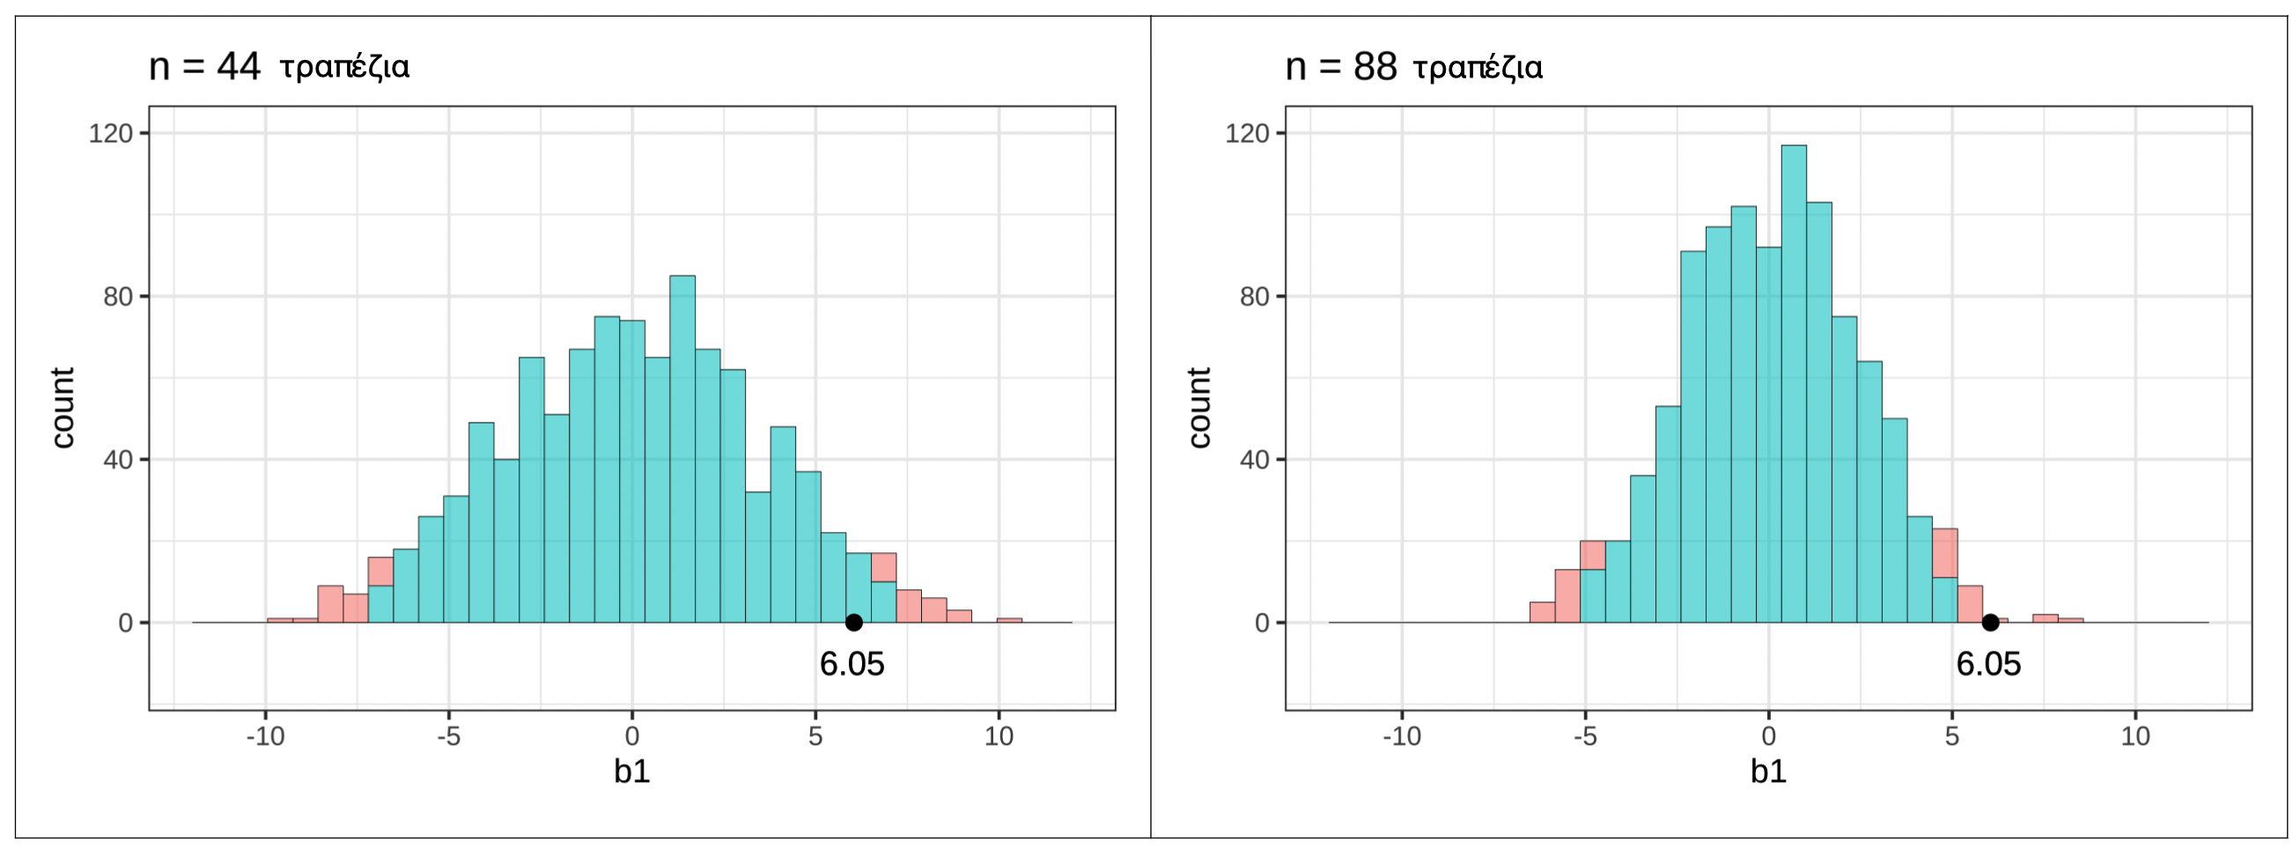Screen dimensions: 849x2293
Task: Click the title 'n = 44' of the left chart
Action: point(203,67)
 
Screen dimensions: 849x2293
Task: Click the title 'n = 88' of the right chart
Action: point(1340,67)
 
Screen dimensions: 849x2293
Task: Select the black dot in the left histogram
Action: point(852,622)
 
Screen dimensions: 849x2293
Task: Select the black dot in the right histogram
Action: point(1989,622)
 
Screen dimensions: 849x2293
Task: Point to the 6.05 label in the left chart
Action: point(852,664)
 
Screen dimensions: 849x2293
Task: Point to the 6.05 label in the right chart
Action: point(1988,664)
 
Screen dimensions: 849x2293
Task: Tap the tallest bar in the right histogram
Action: point(1794,383)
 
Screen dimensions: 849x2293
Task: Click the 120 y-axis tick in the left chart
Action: point(110,134)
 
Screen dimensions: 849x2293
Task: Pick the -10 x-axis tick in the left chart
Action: point(265,736)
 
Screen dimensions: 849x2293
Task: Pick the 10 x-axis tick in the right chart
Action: point(2134,736)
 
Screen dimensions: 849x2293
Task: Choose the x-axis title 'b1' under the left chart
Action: point(632,771)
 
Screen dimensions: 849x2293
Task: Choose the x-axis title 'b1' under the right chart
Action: point(1768,771)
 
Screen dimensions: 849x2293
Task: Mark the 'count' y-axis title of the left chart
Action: point(63,408)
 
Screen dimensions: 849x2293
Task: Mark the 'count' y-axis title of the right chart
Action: point(1199,408)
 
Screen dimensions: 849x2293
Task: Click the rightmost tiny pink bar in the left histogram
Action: point(1009,619)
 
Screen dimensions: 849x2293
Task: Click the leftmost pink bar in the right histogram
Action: point(1542,612)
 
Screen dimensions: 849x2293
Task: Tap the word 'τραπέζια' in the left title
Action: point(344,68)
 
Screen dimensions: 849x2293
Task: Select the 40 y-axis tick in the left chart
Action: point(117,460)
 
